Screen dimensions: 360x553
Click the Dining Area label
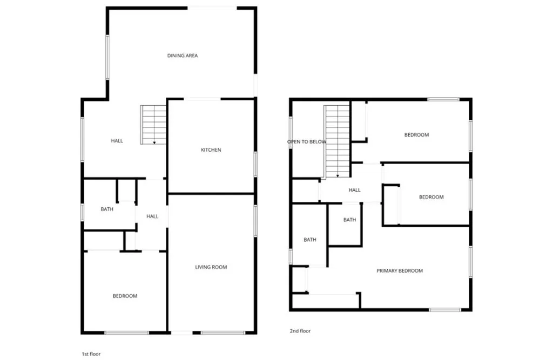click(x=183, y=56)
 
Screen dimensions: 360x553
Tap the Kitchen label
click(x=211, y=150)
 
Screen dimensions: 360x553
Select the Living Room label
click(x=211, y=267)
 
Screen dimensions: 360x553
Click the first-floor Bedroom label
click(x=125, y=296)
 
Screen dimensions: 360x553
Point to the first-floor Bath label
click(x=107, y=209)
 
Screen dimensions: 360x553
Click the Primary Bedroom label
click(x=400, y=271)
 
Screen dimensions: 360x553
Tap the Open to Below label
click(x=307, y=142)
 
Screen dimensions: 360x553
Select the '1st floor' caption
click(x=91, y=354)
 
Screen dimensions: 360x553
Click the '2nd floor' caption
click(x=300, y=331)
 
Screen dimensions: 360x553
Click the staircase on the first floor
click(x=154, y=124)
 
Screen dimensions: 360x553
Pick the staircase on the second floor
click(x=338, y=141)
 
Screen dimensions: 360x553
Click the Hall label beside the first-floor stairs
click(x=117, y=141)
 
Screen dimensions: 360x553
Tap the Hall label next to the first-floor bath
click(x=152, y=216)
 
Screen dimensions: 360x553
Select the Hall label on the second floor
click(x=354, y=190)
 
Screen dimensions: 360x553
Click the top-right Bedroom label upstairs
click(x=416, y=135)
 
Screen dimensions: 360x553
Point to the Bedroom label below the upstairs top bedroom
click(x=431, y=197)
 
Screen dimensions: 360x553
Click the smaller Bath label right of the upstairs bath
click(x=350, y=220)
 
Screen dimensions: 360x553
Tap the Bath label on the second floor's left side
click(x=309, y=240)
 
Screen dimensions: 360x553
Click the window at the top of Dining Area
click(x=212, y=8)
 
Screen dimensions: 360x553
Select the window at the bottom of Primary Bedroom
click(x=445, y=310)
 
